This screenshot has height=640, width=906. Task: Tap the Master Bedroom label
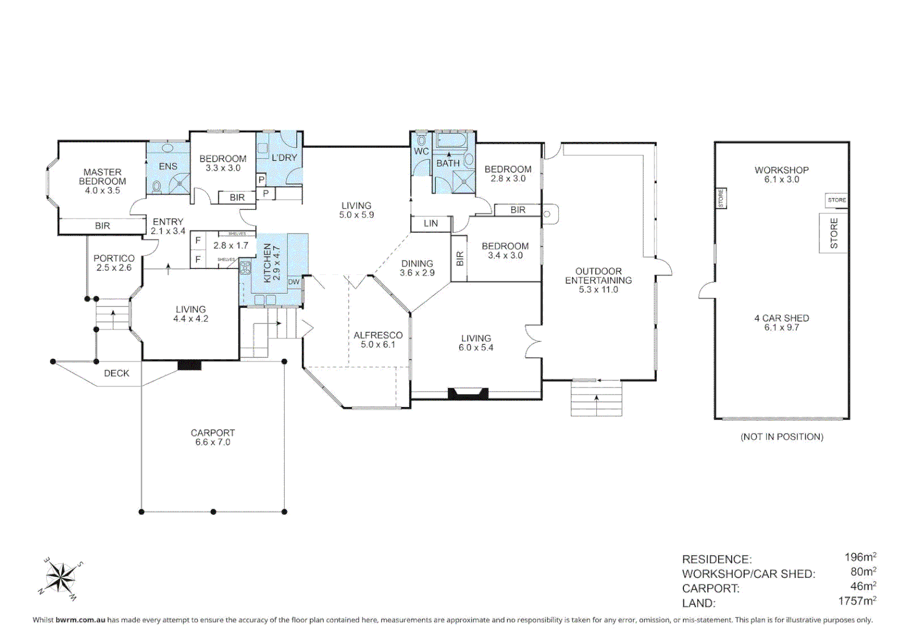click(x=102, y=181)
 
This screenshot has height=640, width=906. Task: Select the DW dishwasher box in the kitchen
click(x=294, y=282)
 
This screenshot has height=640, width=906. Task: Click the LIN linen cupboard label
click(x=431, y=223)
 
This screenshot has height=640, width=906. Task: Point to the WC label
click(x=421, y=152)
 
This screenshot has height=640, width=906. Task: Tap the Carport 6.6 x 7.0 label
click(x=212, y=437)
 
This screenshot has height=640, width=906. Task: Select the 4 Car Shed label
click(x=781, y=322)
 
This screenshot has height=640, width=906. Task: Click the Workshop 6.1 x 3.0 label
click(x=781, y=174)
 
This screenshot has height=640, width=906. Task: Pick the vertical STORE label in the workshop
click(x=834, y=233)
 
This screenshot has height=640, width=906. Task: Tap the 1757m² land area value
click(x=857, y=601)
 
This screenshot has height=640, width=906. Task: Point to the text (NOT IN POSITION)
click(x=781, y=437)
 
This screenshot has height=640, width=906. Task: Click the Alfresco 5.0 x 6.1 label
click(x=378, y=340)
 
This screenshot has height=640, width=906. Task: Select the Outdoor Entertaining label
click(x=598, y=280)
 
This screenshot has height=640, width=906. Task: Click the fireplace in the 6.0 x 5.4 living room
click(x=468, y=393)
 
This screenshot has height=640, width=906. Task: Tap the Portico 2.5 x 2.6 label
click(x=114, y=263)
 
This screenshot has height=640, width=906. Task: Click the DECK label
click(x=116, y=373)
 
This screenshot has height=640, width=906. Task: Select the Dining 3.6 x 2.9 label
click(x=417, y=268)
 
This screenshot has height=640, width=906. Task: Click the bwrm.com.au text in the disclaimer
click(x=80, y=620)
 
